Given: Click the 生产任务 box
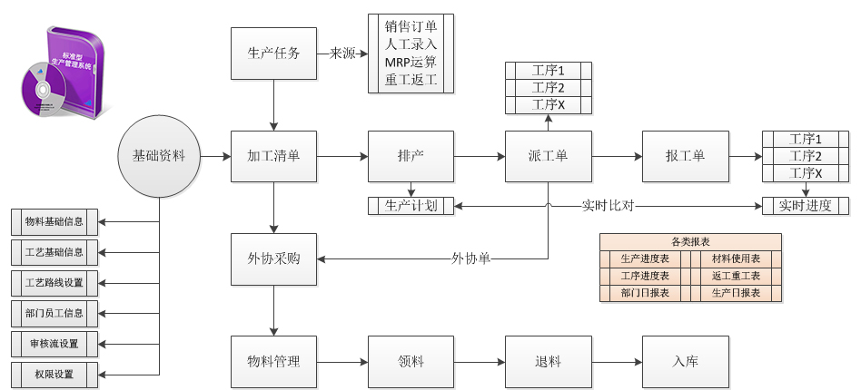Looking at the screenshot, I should tap(274, 54).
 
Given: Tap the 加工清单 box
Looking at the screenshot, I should tap(274, 156).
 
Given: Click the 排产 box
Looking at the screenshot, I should tap(411, 156).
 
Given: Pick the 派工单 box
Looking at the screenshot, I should tap(548, 156).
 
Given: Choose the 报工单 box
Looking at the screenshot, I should tap(685, 156).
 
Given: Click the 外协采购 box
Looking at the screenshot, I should tap(274, 258).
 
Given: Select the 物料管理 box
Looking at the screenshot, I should tap(274, 361).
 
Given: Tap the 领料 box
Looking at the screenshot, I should tap(411, 361).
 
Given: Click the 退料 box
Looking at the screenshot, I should tap(548, 361).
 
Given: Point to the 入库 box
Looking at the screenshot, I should tap(685, 361).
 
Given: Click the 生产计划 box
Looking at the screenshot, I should tap(411, 206).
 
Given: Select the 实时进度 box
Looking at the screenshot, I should tap(806, 206).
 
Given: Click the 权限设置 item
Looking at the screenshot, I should tap(54, 374).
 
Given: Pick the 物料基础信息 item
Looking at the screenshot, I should tap(54, 221).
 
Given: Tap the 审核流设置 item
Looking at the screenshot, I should tap(54, 344).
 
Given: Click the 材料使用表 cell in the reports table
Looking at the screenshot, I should tap(736, 259).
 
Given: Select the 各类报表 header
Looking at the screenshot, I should tap(690, 242).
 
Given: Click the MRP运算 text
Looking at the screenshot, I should tap(411, 63).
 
